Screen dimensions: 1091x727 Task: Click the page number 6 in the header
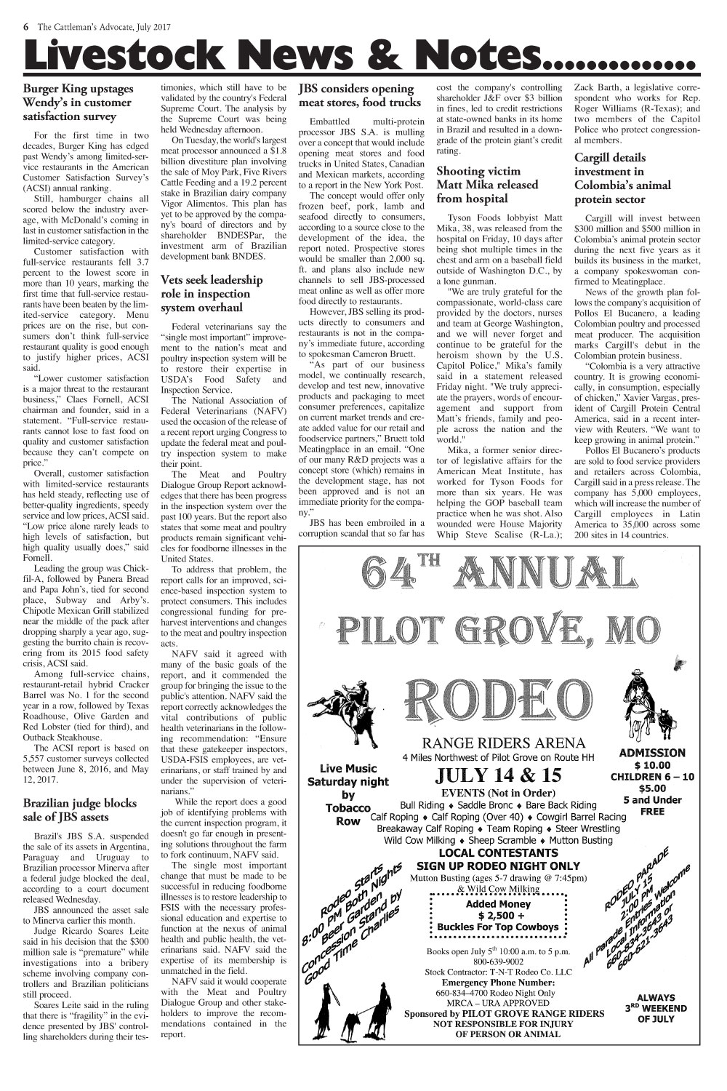(x=25, y=27)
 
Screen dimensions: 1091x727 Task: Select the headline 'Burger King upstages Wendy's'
(x=79, y=103)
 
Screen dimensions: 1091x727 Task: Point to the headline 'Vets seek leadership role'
(x=212, y=293)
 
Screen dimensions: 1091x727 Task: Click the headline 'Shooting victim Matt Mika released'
(x=486, y=185)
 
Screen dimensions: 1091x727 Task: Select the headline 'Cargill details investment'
(x=622, y=178)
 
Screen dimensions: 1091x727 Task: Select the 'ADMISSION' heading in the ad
(x=651, y=753)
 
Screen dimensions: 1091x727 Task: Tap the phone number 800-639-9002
(x=499, y=961)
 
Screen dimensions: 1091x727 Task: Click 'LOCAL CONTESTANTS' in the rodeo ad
(x=498, y=852)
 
